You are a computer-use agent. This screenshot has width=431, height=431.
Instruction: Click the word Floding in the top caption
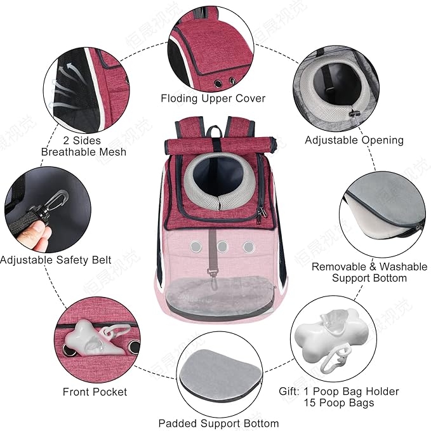click(179, 99)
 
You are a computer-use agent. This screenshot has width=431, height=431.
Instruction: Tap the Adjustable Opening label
click(354, 140)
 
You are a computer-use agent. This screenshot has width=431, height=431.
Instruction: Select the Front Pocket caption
click(95, 392)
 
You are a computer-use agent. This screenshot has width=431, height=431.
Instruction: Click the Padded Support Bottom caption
click(219, 423)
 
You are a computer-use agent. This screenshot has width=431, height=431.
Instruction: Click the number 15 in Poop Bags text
click(310, 402)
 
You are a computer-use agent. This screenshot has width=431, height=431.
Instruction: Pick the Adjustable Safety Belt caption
click(55, 260)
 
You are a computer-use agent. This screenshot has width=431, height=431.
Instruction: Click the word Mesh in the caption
click(113, 152)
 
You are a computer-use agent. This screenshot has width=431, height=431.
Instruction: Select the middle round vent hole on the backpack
click(222, 246)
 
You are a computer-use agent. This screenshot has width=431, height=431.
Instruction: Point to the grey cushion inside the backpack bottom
click(220, 296)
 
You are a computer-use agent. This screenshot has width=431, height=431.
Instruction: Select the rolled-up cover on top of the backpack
click(220, 145)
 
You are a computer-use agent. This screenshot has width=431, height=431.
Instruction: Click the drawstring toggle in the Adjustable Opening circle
click(354, 113)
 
